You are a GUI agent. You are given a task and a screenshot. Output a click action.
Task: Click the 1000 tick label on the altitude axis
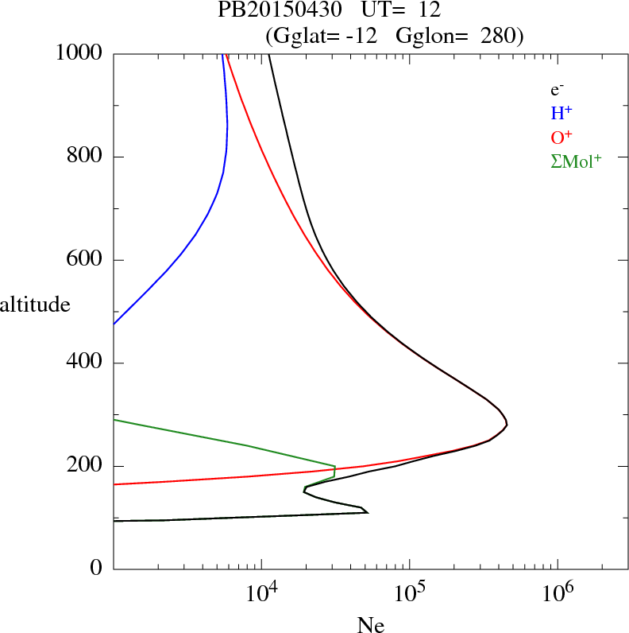click(79, 53)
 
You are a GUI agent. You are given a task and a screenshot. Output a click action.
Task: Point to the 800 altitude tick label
click(85, 157)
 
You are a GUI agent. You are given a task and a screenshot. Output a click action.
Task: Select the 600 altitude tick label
click(85, 260)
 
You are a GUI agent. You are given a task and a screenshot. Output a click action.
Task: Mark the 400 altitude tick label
click(85, 363)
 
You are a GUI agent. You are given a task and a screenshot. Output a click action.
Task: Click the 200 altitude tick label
click(85, 466)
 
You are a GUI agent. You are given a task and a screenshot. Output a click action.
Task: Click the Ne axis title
click(371, 625)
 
